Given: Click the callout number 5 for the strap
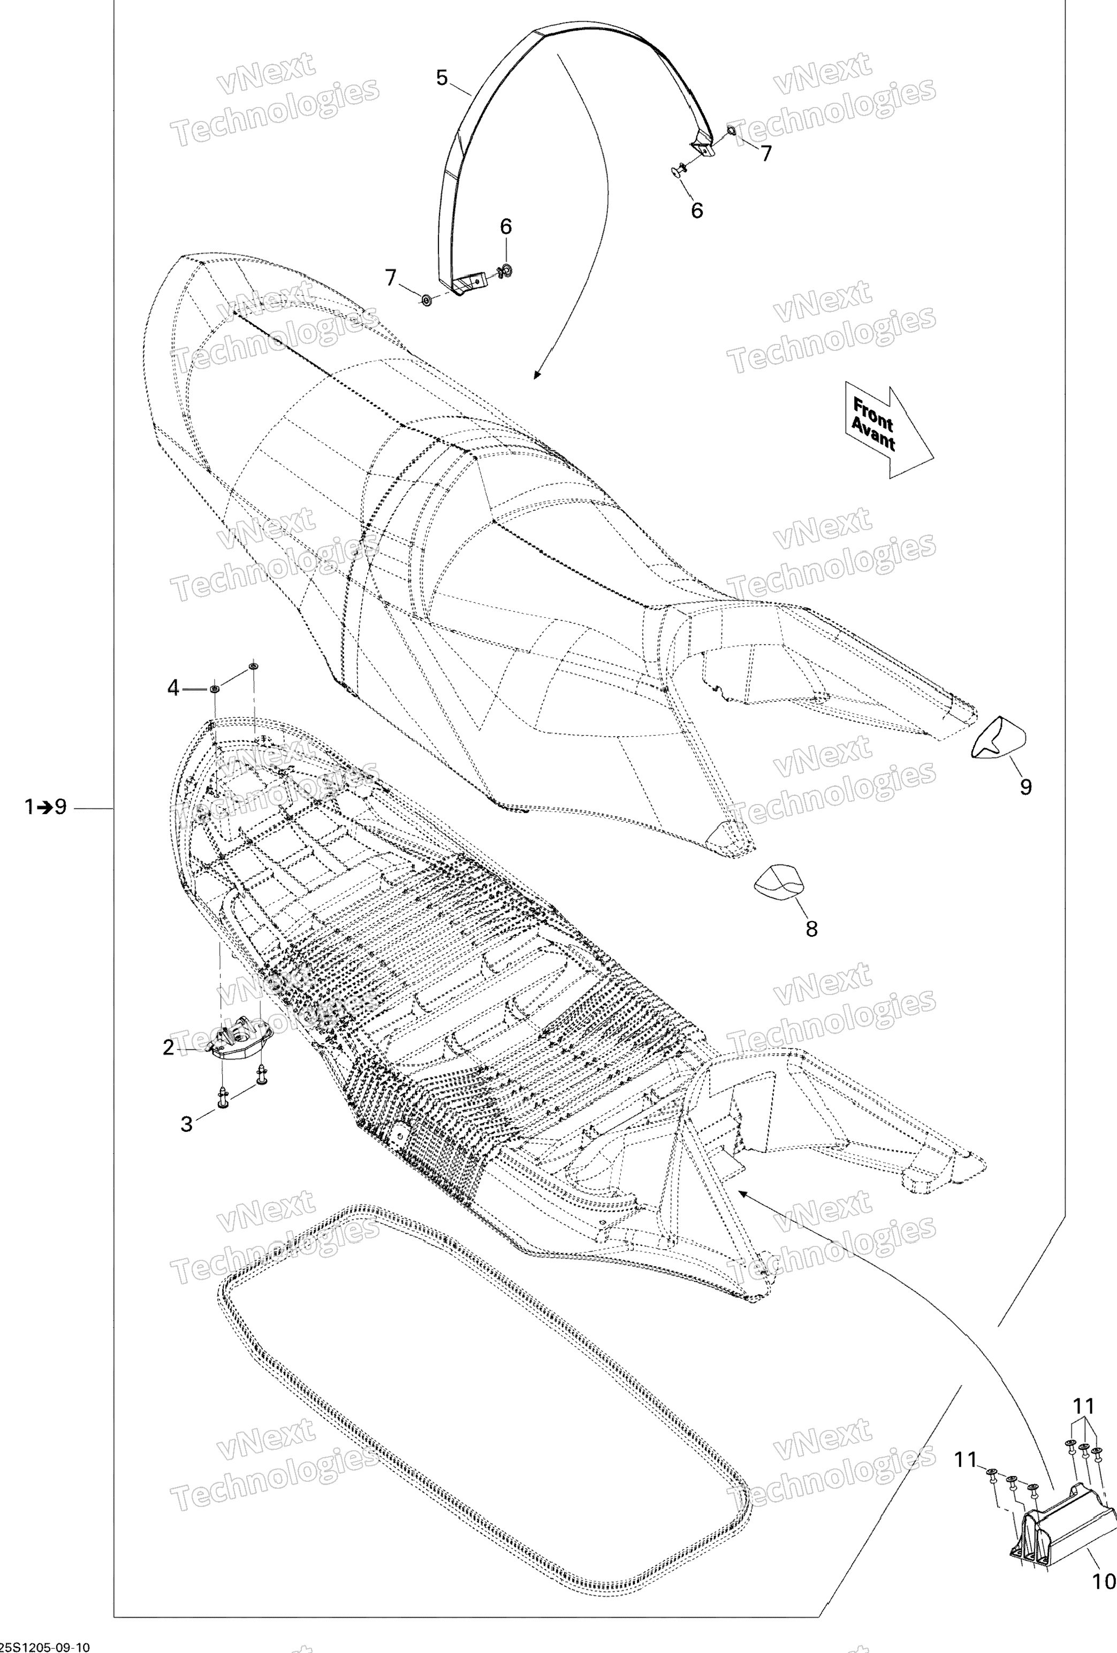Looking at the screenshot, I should click(x=442, y=78).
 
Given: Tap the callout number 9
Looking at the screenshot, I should click(x=1025, y=787).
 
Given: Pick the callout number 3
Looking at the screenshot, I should click(x=186, y=1124).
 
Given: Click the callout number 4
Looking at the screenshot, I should click(x=173, y=688).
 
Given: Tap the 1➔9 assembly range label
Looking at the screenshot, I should click(x=45, y=807).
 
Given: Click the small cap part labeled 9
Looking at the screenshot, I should click(x=1000, y=738).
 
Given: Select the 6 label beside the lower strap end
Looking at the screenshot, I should click(x=506, y=227).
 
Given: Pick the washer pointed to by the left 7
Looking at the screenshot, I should click(x=426, y=300).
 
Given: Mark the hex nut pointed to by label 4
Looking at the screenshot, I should click(x=214, y=688).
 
